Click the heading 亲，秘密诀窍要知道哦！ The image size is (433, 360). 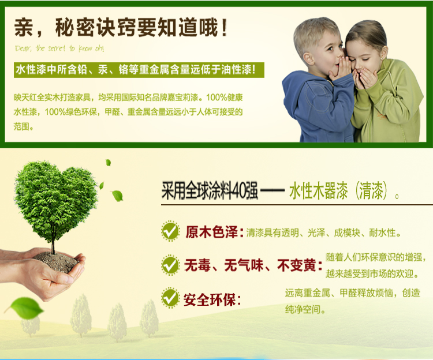click(121, 27)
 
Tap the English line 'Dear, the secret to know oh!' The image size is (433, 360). click(59, 48)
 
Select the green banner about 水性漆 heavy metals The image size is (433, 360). click(139, 70)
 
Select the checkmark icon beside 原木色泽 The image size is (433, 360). click(170, 231)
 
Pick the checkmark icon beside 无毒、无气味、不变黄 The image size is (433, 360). click(170, 265)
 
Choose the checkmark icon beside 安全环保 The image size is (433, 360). click(170, 298)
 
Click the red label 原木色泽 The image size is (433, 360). click(211, 232)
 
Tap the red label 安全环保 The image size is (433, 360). click(210, 299)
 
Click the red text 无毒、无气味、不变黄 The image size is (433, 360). click(250, 265)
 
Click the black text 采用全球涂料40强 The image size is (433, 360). click(210, 190)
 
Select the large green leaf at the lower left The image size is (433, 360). click(25, 307)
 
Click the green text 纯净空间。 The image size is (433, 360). click(305, 309)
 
